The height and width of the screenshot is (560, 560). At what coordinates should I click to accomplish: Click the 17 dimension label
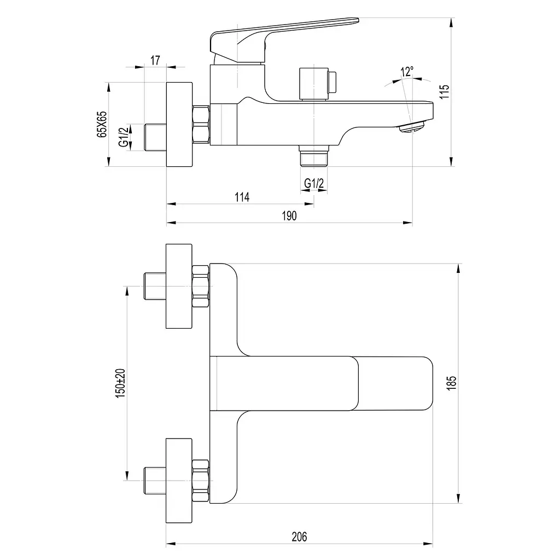(155, 60)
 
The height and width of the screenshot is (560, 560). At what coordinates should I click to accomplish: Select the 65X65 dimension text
(102, 124)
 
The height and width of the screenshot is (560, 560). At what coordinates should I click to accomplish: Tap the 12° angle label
(407, 72)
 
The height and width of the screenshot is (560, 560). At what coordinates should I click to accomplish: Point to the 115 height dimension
(444, 92)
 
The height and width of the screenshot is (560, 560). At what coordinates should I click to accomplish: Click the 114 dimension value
(242, 197)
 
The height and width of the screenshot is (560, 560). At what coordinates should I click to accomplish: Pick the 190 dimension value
(289, 215)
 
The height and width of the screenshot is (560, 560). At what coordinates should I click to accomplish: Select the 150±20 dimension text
(120, 383)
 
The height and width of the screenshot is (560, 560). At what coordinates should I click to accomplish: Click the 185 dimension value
(451, 383)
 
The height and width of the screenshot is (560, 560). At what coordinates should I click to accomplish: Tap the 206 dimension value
(299, 536)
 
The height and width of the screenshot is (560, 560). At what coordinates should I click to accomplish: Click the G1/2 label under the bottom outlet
(314, 183)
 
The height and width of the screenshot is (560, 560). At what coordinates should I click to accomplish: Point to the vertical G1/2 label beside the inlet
(124, 137)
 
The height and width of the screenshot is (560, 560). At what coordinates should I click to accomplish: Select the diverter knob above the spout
(318, 84)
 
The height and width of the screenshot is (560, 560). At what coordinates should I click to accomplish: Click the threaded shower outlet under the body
(314, 156)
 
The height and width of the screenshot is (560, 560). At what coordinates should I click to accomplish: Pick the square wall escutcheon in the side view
(179, 124)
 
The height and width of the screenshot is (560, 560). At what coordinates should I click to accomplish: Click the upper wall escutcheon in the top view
(179, 286)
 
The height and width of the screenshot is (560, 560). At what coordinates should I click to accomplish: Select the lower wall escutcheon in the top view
(179, 481)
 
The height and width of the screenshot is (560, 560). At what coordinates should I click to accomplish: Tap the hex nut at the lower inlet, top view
(200, 481)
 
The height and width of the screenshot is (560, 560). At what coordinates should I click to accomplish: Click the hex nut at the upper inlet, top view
(200, 286)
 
